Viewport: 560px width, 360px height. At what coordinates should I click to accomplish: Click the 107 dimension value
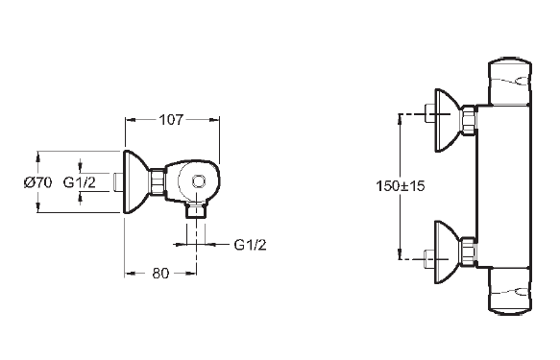(x=171, y=120)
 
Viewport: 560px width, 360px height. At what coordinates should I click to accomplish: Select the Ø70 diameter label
(x=37, y=182)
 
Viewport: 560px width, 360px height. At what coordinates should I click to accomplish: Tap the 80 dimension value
(x=160, y=274)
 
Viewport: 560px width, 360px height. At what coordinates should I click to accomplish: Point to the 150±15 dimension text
(x=401, y=186)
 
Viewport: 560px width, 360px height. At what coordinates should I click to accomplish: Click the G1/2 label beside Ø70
(x=80, y=182)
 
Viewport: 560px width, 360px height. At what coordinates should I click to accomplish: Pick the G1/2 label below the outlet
(x=250, y=245)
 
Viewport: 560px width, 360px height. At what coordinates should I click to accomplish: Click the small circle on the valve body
(x=199, y=181)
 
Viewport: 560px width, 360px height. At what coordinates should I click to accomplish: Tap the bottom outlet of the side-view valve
(x=196, y=210)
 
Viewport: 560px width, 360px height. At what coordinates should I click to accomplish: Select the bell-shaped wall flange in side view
(x=136, y=182)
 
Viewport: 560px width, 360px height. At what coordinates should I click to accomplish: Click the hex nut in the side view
(x=158, y=182)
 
